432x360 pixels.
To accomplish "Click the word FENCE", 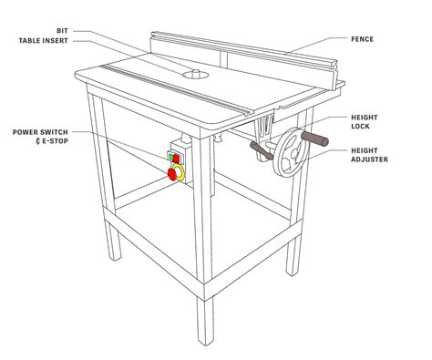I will coord(388,39).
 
